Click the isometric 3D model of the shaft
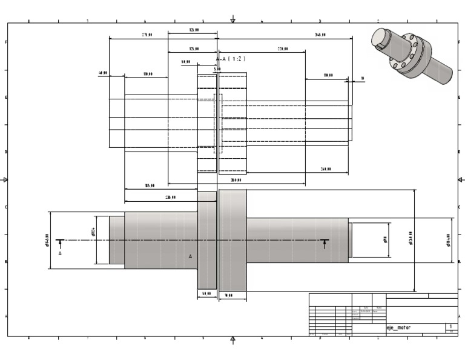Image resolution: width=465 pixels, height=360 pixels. (x=412, y=55)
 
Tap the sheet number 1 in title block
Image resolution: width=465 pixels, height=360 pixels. (x=450, y=326)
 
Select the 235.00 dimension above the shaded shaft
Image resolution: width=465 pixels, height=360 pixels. (x=171, y=197)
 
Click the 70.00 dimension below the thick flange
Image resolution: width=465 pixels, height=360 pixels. (x=229, y=296)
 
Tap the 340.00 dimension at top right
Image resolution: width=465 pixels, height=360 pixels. (x=320, y=35)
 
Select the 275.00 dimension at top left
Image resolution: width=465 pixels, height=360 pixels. (x=147, y=35)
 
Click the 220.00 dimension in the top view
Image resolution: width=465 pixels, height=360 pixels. (x=282, y=48)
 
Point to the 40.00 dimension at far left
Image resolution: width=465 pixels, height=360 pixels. (x=103, y=73)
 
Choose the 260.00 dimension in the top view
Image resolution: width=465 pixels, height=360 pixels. (x=325, y=169)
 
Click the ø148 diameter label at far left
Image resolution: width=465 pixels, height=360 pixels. (x=47, y=241)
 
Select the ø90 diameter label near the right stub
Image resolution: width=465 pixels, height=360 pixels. (x=385, y=240)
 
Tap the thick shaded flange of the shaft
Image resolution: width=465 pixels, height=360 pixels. (x=232, y=241)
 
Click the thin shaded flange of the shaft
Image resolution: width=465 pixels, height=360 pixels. (x=207, y=241)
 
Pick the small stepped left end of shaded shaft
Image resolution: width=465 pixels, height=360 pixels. (x=117, y=240)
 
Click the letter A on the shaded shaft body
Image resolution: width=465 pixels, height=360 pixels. (x=190, y=256)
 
